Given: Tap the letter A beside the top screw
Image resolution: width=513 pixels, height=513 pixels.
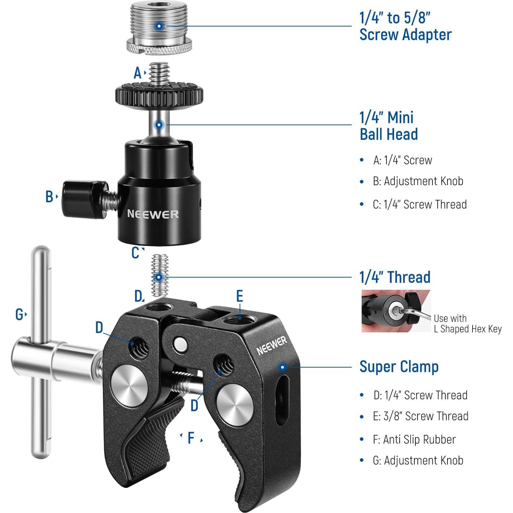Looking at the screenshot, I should (x=138, y=73).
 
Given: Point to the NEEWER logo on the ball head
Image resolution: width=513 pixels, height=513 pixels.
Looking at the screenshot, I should (x=153, y=214).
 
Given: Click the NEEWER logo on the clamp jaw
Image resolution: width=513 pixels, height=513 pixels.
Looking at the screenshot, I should (x=272, y=346).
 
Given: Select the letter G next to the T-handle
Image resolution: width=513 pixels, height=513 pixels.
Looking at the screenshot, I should (x=20, y=315).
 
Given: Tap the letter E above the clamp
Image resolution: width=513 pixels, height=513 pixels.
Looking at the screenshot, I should (x=240, y=296).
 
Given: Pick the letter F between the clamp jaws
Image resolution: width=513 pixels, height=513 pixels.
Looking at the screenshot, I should (x=191, y=438).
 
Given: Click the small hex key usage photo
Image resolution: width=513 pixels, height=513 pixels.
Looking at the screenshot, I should (x=396, y=311).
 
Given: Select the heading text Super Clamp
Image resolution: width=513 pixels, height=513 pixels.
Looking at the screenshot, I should (x=399, y=367).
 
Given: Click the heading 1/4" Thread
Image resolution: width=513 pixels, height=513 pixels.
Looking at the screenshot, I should (x=395, y=278).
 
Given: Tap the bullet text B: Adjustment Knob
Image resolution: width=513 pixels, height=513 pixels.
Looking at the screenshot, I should (x=418, y=181).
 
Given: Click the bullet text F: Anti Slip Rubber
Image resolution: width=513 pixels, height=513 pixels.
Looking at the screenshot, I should (x=414, y=439).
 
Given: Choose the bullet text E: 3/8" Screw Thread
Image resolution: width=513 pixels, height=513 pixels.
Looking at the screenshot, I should (x=420, y=416).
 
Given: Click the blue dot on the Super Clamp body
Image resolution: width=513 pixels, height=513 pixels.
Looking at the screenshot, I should (x=282, y=367).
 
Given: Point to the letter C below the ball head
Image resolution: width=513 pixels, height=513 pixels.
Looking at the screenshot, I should (x=135, y=253).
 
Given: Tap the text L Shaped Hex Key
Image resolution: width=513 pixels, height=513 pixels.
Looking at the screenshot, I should (x=467, y=329).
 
